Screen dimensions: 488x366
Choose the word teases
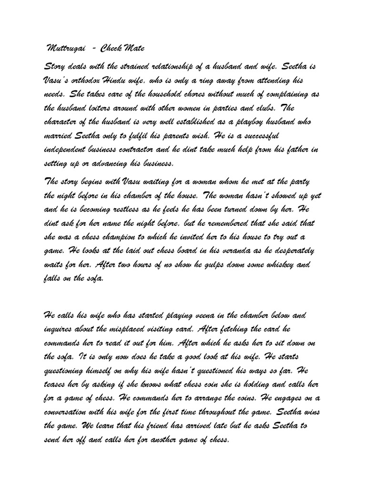[56, 384]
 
